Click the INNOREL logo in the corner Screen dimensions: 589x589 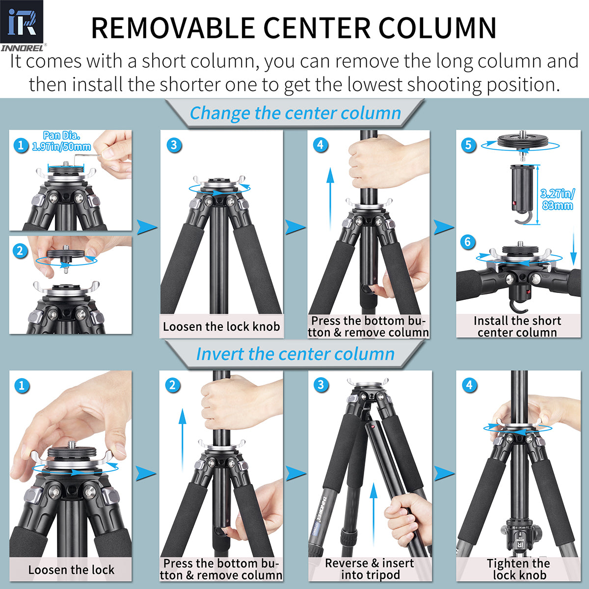pos(22,25)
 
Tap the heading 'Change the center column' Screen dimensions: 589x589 pos(295,113)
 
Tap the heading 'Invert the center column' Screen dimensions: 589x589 pos(295,354)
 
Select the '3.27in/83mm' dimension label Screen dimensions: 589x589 pos(557,199)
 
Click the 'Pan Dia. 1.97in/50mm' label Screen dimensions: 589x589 pos(61,141)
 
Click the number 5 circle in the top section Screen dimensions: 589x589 pos(469,145)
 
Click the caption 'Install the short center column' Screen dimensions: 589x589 pos(517,326)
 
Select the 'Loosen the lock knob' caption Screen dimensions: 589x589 pos(221,327)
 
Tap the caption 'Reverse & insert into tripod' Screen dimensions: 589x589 pos(370,569)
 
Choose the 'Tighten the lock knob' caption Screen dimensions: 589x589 pos(519,569)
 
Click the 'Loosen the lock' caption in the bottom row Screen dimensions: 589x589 pos(71,570)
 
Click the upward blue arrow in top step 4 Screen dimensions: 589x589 pos(330,191)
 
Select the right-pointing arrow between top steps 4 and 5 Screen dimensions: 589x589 pos(444,227)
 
